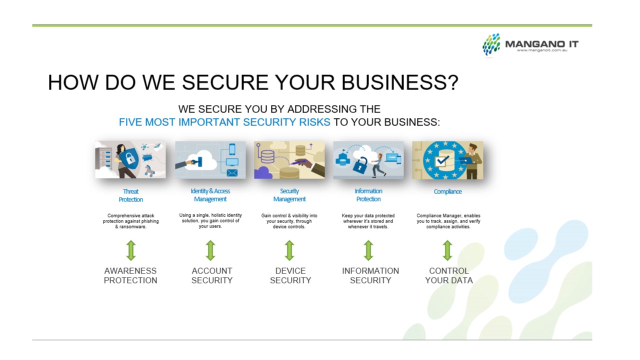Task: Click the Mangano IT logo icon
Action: click(x=491, y=44)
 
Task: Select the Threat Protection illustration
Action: click(x=130, y=160)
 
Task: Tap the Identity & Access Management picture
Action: click(x=210, y=160)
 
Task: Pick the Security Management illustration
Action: click(x=289, y=160)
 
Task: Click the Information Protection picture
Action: click(x=368, y=160)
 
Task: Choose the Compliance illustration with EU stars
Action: click(x=447, y=160)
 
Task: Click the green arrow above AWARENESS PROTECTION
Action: click(x=130, y=250)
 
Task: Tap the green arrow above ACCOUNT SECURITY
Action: click(x=210, y=250)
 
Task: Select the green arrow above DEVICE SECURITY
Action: click(x=289, y=250)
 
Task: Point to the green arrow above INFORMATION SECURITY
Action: click(x=368, y=250)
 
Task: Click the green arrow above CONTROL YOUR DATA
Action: click(x=447, y=250)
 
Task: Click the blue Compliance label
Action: click(x=447, y=191)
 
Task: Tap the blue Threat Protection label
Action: click(x=130, y=195)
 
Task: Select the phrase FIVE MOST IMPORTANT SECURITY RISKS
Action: click(x=224, y=122)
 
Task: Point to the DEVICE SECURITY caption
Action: click(x=290, y=275)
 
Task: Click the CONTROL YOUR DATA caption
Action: click(x=448, y=275)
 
